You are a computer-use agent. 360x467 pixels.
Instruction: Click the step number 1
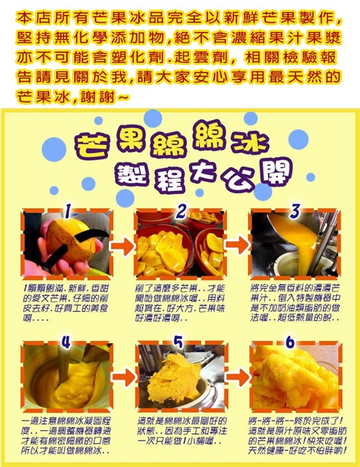[68, 211]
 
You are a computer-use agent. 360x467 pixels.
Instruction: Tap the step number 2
[181, 211]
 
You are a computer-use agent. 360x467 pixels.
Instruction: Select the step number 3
[294, 211]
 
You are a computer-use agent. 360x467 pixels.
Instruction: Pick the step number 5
[178, 342]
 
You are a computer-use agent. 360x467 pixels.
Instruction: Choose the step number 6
[290, 342]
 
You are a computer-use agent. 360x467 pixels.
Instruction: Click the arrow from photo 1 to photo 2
[123, 246]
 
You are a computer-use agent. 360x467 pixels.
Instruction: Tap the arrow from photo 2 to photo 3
[237, 245]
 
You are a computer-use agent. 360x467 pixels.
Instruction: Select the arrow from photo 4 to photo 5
[124, 377]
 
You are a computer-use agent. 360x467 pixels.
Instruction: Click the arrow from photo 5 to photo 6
[237, 376]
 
